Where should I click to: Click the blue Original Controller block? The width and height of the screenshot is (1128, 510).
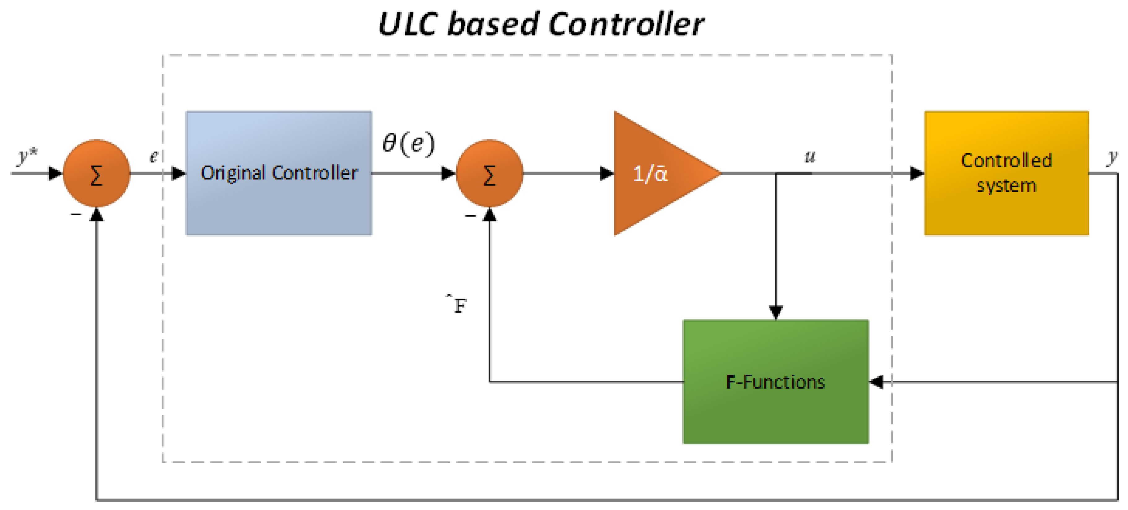click(279, 173)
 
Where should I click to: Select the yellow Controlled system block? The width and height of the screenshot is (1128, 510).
click(1006, 173)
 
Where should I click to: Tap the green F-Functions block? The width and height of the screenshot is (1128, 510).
click(776, 382)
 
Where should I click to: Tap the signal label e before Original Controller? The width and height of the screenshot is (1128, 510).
click(154, 156)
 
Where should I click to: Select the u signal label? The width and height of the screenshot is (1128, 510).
click(810, 157)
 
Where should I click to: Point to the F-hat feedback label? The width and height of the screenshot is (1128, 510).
click(457, 305)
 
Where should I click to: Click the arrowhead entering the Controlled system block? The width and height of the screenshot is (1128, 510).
click(917, 173)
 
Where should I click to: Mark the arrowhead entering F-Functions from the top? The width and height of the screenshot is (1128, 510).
click(776, 312)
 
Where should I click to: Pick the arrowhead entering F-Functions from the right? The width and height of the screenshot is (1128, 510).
click(876, 382)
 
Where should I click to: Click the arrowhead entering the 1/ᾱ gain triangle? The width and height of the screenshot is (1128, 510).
click(607, 173)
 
